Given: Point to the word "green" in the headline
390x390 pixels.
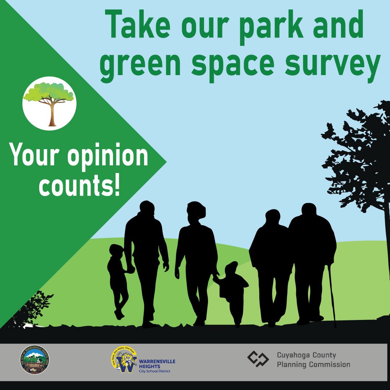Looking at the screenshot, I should pyautogui.click(x=140, y=65).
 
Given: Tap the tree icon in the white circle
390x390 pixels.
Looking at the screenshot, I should pyautogui.click(x=49, y=104).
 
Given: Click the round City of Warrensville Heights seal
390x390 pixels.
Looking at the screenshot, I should pyautogui.click(x=35, y=360).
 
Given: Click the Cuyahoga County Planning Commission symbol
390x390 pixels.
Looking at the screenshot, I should pyautogui.click(x=258, y=359).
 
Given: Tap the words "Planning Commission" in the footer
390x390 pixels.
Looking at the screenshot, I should pyautogui.click(x=313, y=364).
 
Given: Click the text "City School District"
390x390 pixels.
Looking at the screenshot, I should pyautogui.click(x=154, y=371).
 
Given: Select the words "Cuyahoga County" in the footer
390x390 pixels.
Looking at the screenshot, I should pyautogui.click(x=306, y=355).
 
